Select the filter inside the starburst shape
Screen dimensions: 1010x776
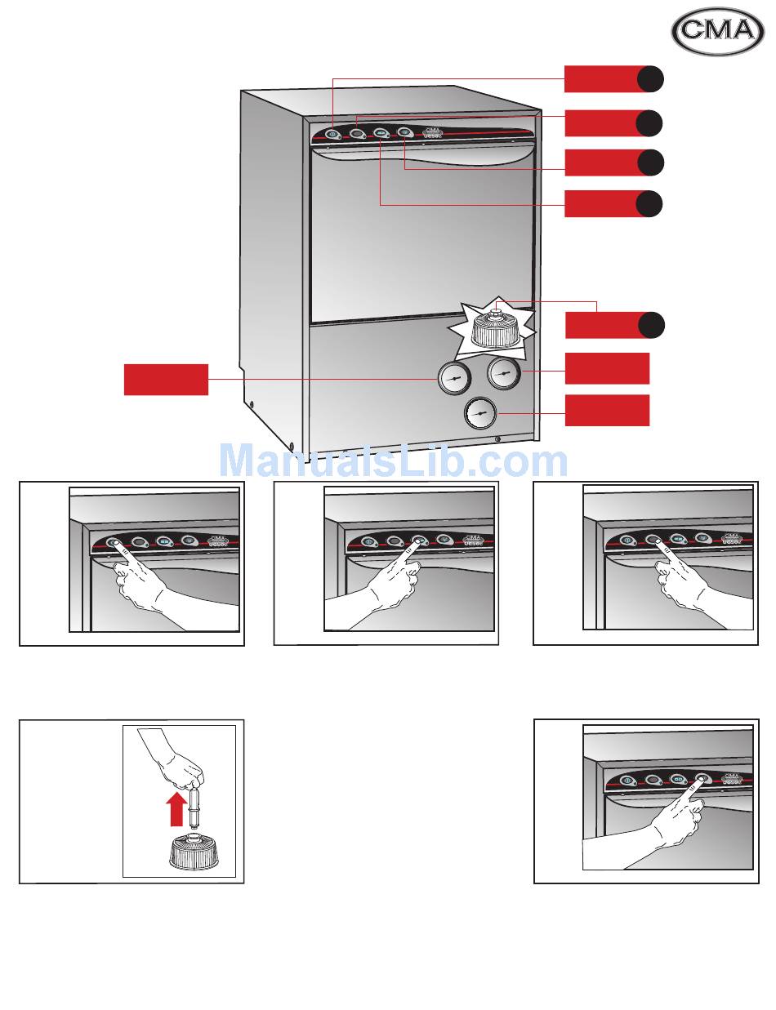495,328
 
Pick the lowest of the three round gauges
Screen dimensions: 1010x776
479,415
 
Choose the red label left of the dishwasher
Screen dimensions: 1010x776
166,380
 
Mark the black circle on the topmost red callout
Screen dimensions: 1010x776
650,80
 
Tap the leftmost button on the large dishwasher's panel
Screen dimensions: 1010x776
333,134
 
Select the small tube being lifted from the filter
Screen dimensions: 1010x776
196,808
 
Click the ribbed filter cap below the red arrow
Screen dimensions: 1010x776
194,853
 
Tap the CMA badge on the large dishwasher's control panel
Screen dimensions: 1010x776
434,132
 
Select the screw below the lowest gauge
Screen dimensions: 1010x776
497,439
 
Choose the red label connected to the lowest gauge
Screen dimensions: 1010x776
607,410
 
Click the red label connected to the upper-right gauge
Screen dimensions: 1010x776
607,368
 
